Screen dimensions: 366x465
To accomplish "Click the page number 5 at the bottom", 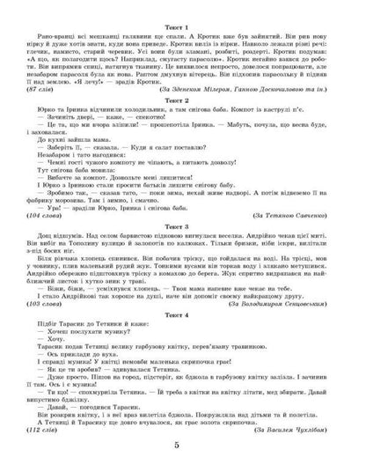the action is tap(183, 447).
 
